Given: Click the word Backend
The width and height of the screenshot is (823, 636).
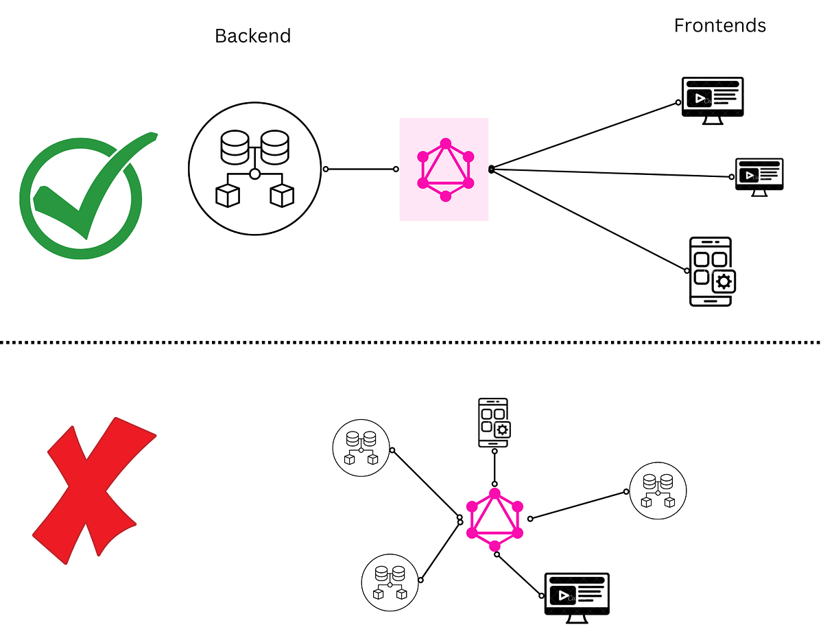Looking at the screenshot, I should pos(252,36).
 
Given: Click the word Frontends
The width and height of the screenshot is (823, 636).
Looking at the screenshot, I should pos(719,25).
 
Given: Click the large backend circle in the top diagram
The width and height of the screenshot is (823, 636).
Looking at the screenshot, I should pos(254,169).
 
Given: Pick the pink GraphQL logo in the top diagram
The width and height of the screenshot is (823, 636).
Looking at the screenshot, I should pos(445,169).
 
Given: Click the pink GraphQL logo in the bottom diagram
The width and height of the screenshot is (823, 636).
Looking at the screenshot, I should pos(494,519).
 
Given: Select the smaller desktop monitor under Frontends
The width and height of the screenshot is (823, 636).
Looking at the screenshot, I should pos(759,176).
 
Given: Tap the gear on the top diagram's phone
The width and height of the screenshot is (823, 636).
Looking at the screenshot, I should pos(724,281).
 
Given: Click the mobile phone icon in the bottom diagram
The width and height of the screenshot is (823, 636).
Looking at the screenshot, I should pos(492,422).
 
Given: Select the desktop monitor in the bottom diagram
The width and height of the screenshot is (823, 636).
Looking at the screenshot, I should pos(577,596).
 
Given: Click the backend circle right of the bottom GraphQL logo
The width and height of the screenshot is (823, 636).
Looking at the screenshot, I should pos(658,490).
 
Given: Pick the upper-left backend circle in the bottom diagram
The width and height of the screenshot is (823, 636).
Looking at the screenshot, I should pos(361,447).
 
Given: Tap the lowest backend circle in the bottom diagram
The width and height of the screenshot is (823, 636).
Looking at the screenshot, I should pos(390,582).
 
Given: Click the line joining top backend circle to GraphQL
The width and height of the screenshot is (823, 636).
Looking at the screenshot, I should pos(361,169).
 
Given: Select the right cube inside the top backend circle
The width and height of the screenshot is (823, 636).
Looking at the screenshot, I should pos(281,196).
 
